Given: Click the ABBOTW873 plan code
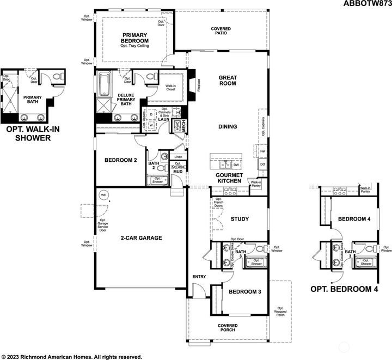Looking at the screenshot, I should (366, 4).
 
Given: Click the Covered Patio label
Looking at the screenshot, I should (220, 30).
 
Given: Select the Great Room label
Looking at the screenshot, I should (227, 81).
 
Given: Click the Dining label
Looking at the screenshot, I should (227, 127).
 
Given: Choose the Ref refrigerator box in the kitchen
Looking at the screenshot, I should (262, 151).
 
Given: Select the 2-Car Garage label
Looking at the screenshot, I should (139, 238).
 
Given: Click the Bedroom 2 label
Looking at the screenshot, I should (120, 161).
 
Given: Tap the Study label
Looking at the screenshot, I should (240, 219).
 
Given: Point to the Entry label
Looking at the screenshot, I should (199, 277).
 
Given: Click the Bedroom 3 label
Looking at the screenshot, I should (245, 292).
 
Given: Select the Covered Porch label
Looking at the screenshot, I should (228, 328).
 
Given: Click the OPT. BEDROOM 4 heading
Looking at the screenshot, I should (343, 289).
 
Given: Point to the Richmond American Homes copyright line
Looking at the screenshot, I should (71, 357).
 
